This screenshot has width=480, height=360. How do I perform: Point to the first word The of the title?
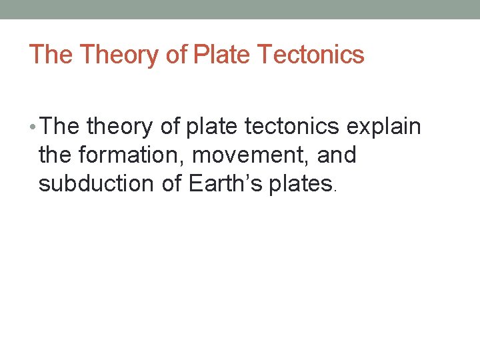(x=51, y=55)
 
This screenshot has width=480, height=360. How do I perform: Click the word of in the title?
(x=176, y=55)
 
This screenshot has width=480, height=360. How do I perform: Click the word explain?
(x=383, y=127)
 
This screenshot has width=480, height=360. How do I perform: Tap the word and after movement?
(x=337, y=155)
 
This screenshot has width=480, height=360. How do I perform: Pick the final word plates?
(x=300, y=184)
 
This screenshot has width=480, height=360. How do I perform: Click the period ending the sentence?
(x=335, y=190)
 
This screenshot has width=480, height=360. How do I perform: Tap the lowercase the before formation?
(x=55, y=155)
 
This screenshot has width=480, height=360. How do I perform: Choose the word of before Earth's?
(x=172, y=184)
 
